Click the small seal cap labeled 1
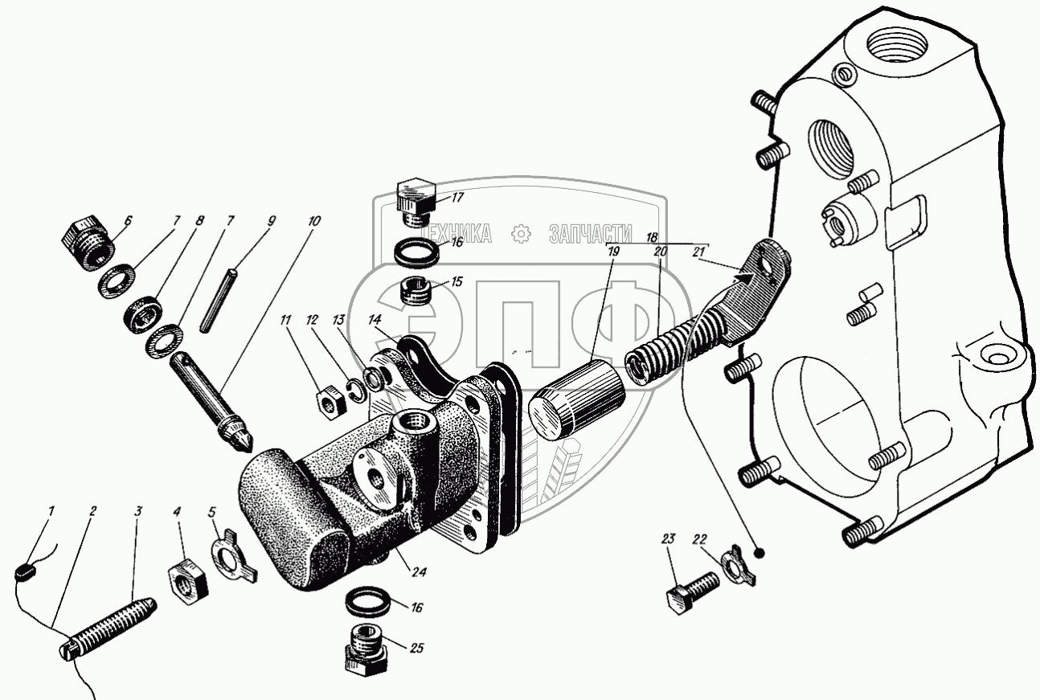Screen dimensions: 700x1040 coord(24,573)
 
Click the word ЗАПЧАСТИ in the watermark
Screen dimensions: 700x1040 coord(591,234)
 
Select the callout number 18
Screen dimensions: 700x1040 coord(651,238)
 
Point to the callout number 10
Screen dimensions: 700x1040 coord(313,219)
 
